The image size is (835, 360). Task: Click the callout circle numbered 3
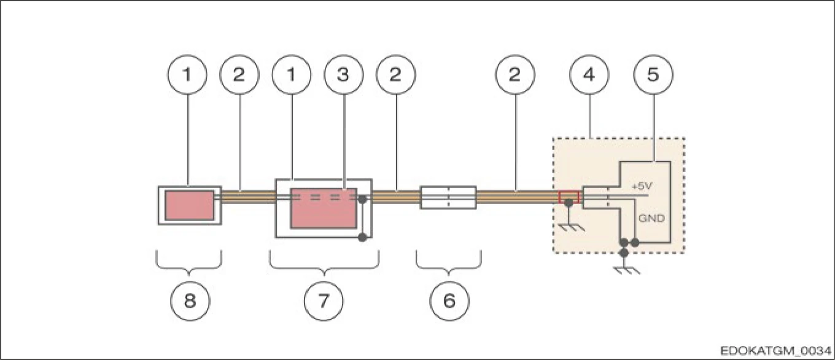(343, 74)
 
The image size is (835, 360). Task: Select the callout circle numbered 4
(589, 74)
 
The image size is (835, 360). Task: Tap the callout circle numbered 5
(653, 74)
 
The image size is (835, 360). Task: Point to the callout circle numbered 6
(448, 300)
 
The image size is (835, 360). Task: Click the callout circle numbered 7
(324, 300)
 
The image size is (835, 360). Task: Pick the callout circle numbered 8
(189, 300)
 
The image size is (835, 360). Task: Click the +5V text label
(643, 185)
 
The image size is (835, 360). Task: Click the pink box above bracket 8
(189, 205)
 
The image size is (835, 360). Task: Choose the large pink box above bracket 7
(323, 209)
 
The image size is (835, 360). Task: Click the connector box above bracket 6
(448, 197)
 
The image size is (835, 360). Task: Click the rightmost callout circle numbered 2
(515, 74)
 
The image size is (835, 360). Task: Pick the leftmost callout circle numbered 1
(187, 74)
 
